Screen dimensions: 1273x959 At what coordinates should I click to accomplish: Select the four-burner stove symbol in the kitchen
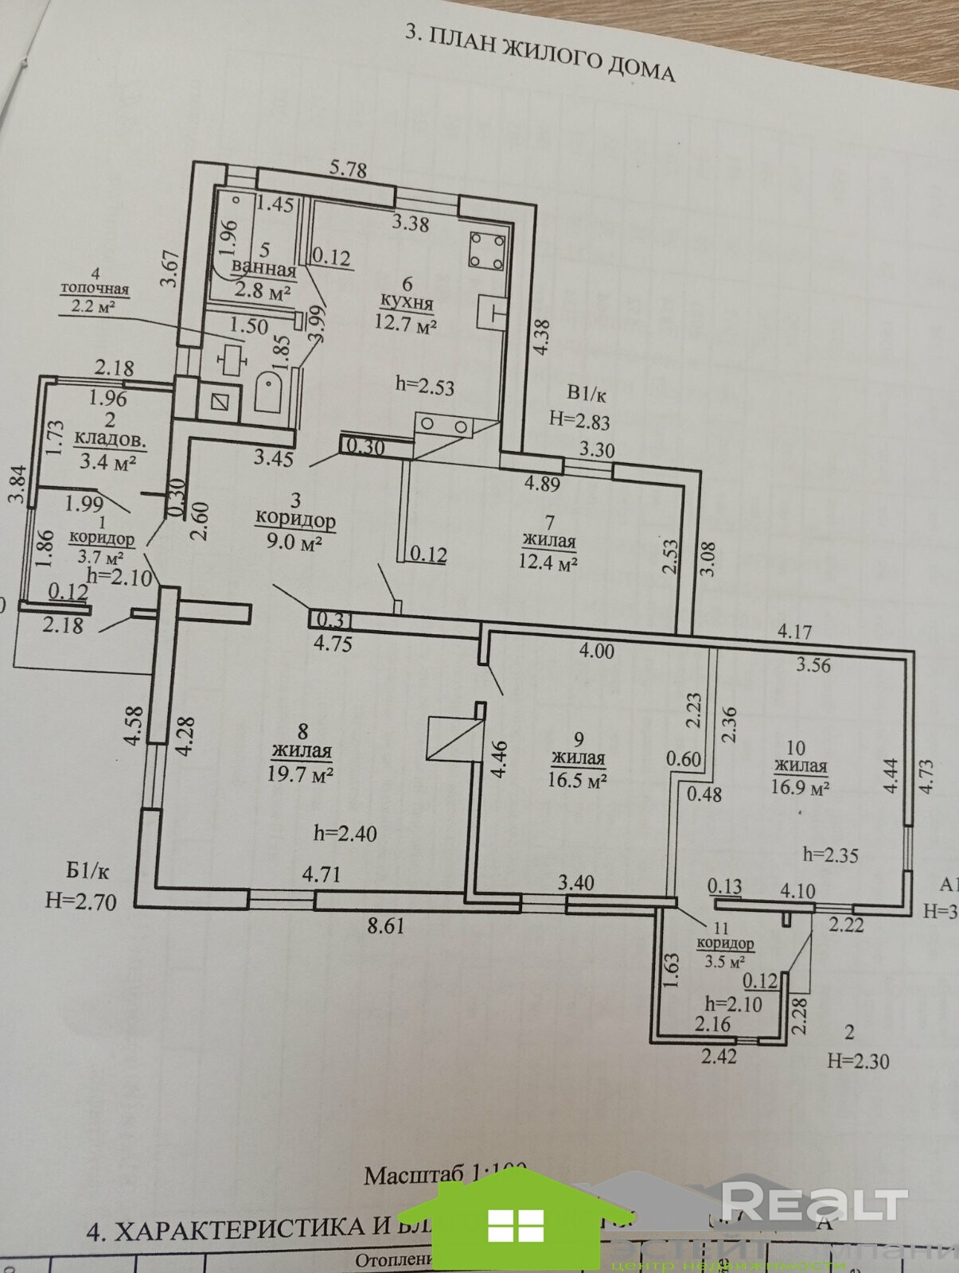(x=487, y=250)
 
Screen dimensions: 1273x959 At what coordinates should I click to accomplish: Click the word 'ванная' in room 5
(x=263, y=271)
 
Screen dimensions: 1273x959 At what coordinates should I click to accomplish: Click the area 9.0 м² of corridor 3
(x=295, y=543)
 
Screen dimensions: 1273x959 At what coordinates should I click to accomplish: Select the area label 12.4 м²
(x=548, y=564)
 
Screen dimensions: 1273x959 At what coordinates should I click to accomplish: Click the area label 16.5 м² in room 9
(x=577, y=781)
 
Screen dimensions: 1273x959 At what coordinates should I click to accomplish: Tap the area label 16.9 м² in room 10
(x=801, y=788)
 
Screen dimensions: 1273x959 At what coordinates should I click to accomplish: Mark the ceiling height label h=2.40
(x=345, y=833)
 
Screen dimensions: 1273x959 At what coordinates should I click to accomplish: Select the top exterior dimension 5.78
(x=348, y=169)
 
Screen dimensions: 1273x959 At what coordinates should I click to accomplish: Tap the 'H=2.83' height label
(x=579, y=419)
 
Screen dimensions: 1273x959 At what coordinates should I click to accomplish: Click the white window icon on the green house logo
(x=515, y=1224)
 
